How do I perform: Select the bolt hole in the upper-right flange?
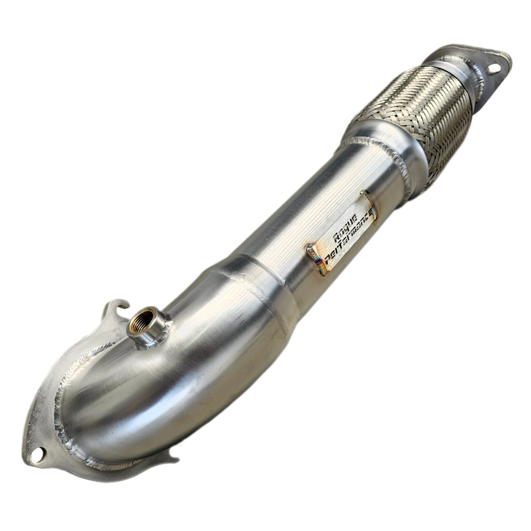(x=492, y=70)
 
